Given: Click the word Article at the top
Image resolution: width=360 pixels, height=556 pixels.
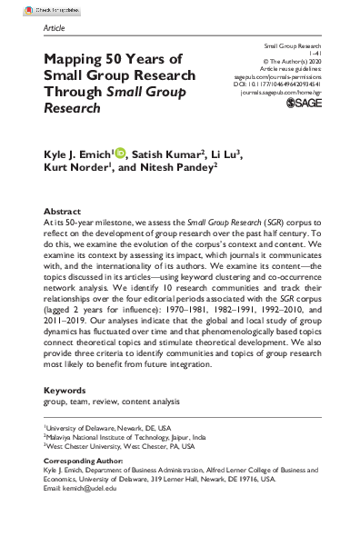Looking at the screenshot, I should pos(55,28).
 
